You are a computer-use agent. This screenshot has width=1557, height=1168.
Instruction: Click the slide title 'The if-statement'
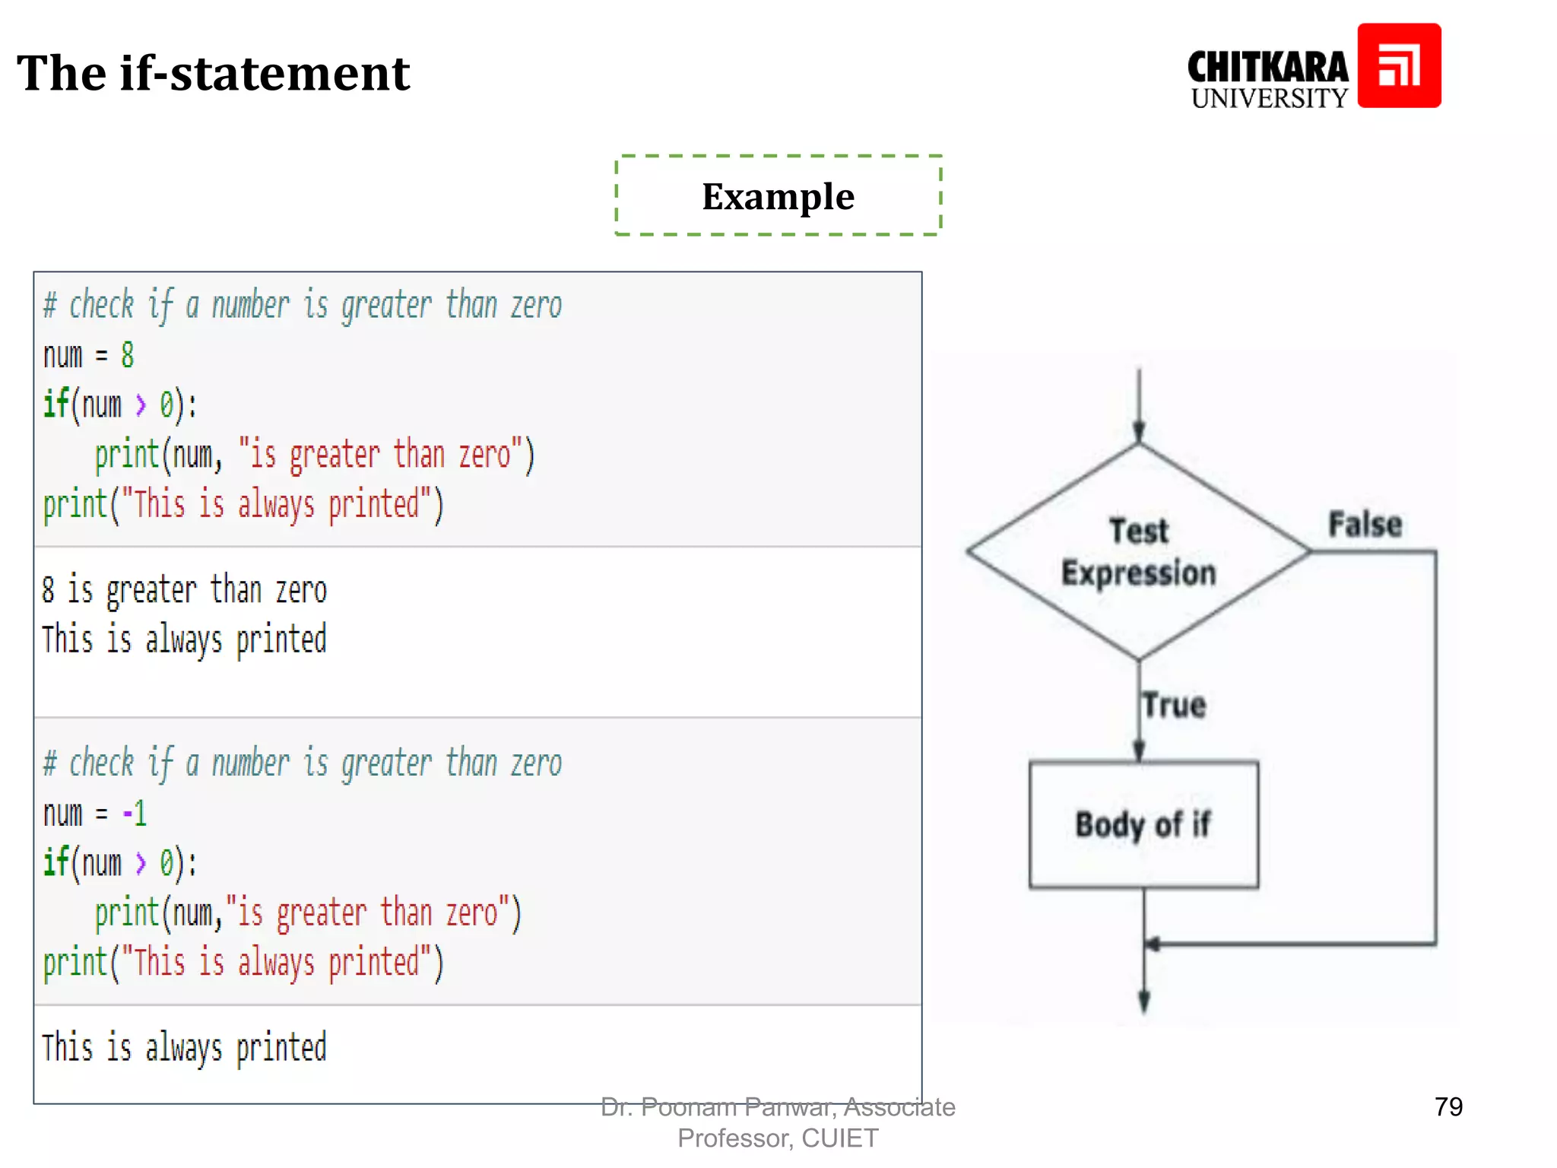click(x=213, y=74)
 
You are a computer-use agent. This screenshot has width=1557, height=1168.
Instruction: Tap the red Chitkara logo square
click(x=1399, y=65)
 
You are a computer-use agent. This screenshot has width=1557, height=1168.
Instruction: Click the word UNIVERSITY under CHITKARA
click(x=1269, y=98)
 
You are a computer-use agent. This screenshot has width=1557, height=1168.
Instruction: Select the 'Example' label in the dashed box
click(x=778, y=196)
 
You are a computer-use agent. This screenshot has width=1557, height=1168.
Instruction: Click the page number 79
click(x=1448, y=1106)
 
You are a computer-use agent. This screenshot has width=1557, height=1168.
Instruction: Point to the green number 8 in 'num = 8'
click(x=128, y=355)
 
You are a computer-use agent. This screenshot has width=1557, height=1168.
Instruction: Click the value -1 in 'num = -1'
click(x=135, y=814)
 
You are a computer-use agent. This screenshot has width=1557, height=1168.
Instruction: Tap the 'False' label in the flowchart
click(x=1365, y=525)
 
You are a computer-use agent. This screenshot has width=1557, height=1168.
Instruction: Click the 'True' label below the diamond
click(x=1175, y=705)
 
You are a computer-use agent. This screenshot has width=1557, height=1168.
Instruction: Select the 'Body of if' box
click(x=1143, y=824)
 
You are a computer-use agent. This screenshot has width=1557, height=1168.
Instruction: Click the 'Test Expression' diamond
click(x=1138, y=552)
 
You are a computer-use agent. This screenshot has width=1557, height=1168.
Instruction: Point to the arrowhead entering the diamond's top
click(x=1139, y=432)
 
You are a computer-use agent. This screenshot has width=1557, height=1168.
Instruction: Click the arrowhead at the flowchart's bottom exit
click(x=1144, y=1001)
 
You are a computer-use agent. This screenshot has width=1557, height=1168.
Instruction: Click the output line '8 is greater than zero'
click(x=184, y=590)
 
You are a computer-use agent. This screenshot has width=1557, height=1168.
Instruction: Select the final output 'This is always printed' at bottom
click(x=184, y=1048)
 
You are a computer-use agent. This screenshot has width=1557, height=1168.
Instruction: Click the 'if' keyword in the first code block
click(x=55, y=404)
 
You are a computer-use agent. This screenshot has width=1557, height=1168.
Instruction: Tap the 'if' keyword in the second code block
click(x=55, y=862)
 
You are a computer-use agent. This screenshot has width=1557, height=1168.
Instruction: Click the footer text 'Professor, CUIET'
click(x=778, y=1138)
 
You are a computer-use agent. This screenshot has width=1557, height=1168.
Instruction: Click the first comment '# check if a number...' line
click(x=302, y=306)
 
